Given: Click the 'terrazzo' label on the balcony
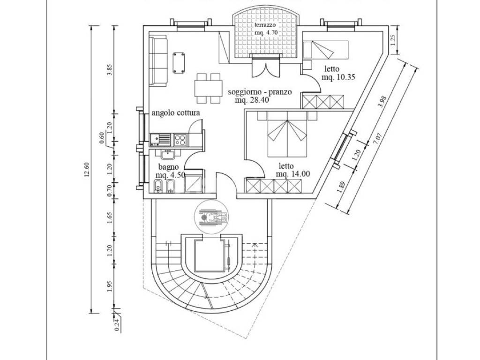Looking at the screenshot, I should (x=265, y=25).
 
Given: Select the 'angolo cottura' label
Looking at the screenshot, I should (x=176, y=113).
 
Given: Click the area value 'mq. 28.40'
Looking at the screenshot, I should (x=252, y=100).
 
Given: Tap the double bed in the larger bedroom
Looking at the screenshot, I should (x=286, y=137).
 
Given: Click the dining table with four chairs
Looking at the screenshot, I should (x=208, y=88).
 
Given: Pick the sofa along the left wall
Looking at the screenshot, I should (x=159, y=62).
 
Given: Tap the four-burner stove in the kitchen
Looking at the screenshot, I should (x=180, y=139).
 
